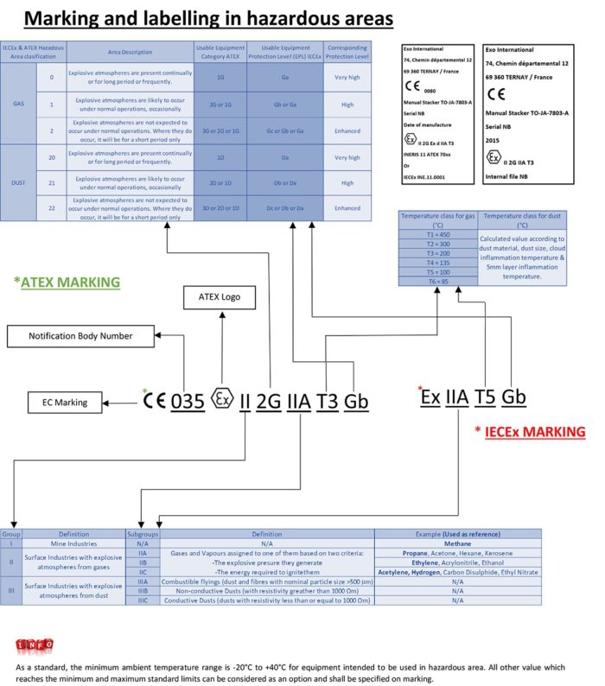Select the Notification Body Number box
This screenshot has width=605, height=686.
(81, 335)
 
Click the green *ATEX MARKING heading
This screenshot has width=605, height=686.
(67, 282)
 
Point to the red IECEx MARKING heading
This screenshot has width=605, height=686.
(530, 430)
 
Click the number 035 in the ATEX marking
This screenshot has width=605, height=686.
(187, 401)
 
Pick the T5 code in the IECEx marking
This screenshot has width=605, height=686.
(485, 397)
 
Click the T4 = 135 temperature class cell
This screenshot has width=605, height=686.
(438, 260)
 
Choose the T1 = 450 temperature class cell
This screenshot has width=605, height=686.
(438, 233)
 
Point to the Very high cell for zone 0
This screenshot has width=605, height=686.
(347, 77)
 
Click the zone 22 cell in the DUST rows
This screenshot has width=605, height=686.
(51, 207)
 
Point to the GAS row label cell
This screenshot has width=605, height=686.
(18, 103)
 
